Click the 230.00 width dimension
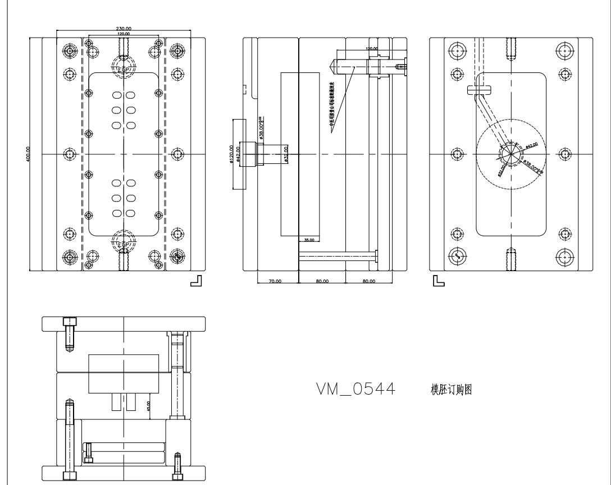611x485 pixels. tap(124, 29)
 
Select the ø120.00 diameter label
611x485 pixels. tap(232, 155)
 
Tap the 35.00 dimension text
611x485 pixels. tap(308, 240)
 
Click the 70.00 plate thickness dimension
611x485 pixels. tap(275, 281)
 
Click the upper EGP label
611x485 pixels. tap(124, 68)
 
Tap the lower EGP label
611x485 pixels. tap(124, 245)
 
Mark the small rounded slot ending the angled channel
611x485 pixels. tap(478, 88)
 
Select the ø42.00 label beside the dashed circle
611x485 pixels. tap(531, 145)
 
